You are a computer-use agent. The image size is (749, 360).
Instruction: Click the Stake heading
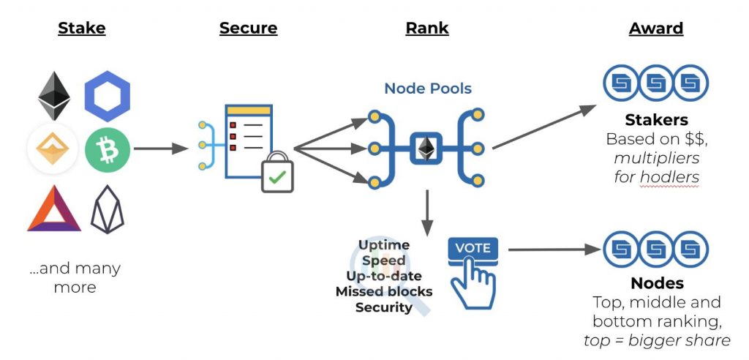(x=82, y=29)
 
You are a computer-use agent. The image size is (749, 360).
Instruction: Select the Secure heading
(x=248, y=29)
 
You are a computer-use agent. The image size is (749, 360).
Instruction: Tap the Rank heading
(x=426, y=29)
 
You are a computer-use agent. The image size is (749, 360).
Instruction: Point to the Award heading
(x=655, y=29)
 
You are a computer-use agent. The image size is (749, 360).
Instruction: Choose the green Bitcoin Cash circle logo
(x=107, y=150)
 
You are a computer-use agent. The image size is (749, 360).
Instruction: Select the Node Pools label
(x=428, y=89)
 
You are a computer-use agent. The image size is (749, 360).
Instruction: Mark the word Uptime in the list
(x=384, y=244)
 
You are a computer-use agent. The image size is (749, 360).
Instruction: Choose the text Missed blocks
(x=384, y=291)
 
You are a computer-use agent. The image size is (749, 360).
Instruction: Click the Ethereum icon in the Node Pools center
(x=424, y=148)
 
